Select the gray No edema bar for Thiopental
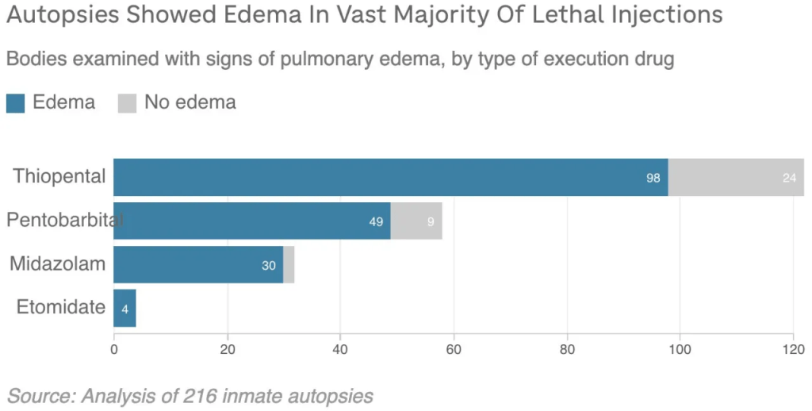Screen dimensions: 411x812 click(x=736, y=177)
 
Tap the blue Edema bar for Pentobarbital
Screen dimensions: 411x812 click(x=252, y=221)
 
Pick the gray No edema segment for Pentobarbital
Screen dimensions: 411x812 click(x=416, y=221)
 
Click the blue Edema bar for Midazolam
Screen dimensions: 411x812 click(x=198, y=264)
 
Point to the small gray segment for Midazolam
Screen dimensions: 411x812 click(x=289, y=264)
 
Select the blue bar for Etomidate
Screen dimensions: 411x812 click(x=124, y=308)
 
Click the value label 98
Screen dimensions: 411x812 click(x=653, y=179)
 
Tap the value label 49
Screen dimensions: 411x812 click(x=376, y=222)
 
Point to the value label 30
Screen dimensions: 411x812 click(x=269, y=266)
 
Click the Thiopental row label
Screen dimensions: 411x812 click(x=59, y=176)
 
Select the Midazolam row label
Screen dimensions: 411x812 click(x=57, y=264)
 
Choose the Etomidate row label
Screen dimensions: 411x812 click(x=60, y=307)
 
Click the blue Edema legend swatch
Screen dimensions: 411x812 click(x=16, y=103)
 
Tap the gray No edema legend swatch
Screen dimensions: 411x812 click(x=127, y=103)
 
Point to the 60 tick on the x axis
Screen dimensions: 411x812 click(x=454, y=349)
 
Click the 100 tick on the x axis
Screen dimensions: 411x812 click(x=680, y=349)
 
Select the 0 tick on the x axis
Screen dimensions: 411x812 click(x=114, y=349)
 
